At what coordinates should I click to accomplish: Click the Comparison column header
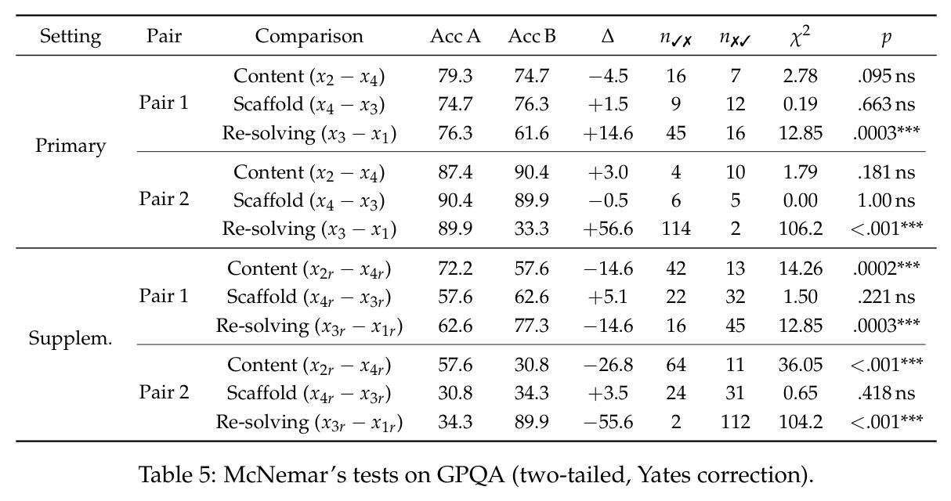309,37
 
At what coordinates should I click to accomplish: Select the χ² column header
800,36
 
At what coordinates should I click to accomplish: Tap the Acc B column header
532,37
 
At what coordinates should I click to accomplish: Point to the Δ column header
608,37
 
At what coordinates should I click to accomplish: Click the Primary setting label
71,146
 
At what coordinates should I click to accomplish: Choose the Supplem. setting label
71,339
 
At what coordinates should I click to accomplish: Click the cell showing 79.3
455,77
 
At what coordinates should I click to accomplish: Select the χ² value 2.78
801,77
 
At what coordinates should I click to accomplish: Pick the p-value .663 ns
886,104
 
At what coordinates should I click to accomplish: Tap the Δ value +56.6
608,229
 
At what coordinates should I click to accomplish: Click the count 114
676,229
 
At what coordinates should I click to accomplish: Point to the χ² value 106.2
801,229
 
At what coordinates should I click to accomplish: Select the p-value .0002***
886,268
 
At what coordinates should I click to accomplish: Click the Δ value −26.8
608,365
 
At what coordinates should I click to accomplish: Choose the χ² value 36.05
801,365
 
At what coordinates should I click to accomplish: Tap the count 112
735,422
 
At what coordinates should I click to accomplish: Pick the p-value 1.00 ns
886,200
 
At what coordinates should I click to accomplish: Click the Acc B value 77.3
532,326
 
